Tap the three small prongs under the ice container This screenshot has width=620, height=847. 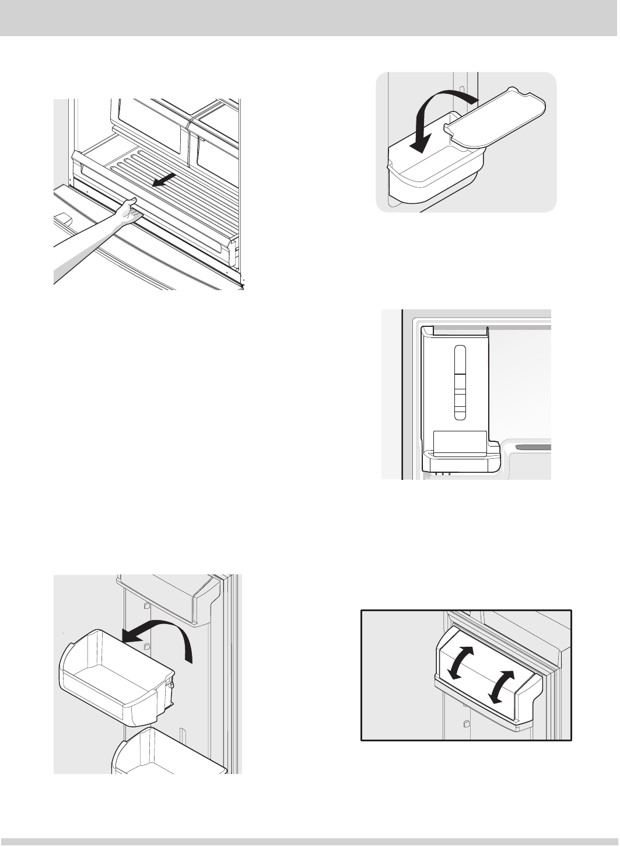[x=443, y=474]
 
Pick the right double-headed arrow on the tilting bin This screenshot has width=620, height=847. [x=502, y=686]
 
